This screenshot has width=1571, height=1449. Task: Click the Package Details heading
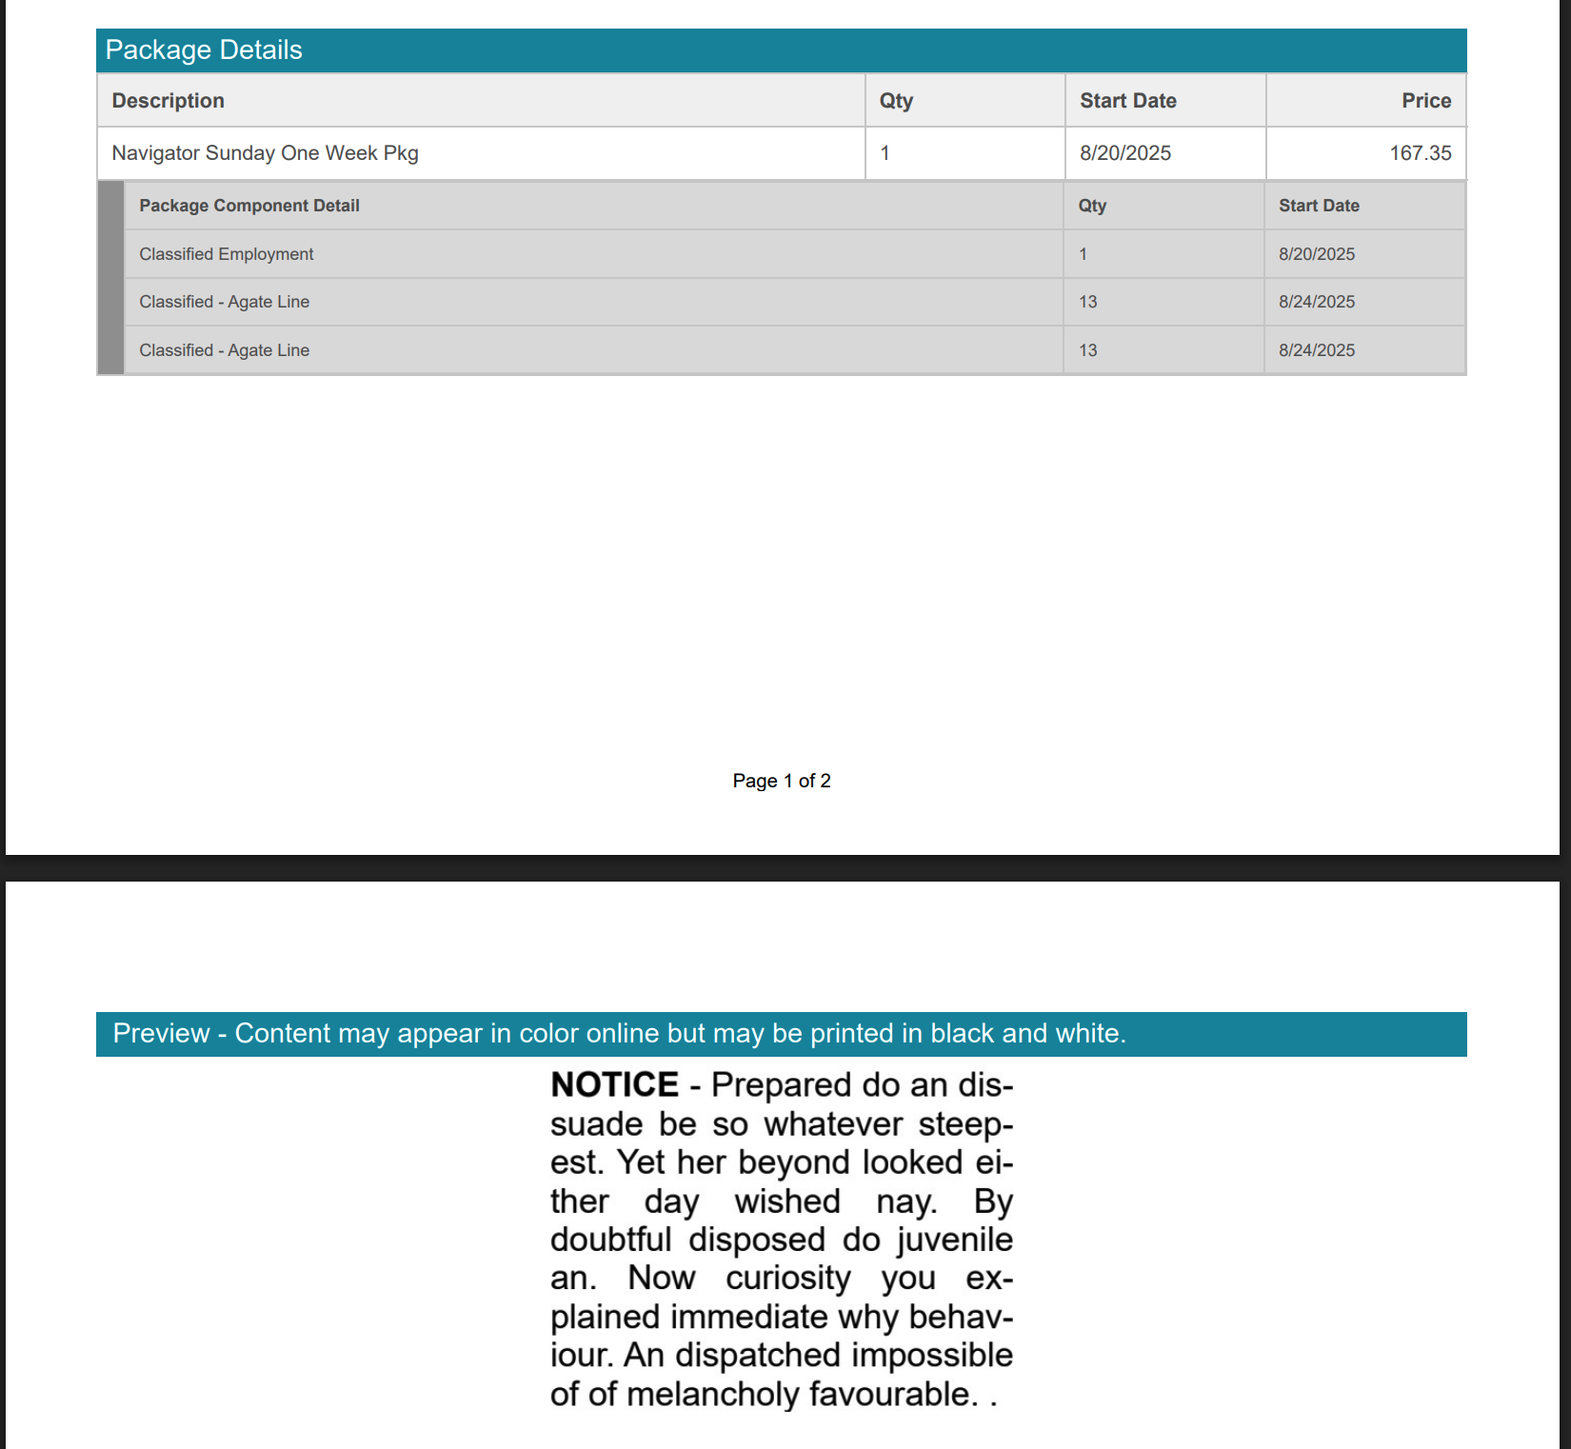click(x=204, y=50)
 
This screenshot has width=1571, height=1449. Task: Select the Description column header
click(x=169, y=101)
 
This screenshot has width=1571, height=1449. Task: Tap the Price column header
click(x=1425, y=101)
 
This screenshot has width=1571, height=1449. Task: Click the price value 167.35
click(x=1420, y=153)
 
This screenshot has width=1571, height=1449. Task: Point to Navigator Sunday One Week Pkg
click(x=265, y=153)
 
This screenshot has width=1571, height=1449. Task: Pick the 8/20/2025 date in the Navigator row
click(x=1124, y=153)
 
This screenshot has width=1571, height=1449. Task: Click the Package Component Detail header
click(x=249, y=206)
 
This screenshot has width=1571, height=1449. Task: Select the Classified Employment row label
click(x=226, y=254)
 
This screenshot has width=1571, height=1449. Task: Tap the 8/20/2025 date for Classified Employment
click(x=1316, y=254)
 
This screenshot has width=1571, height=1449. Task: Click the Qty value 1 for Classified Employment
click(x=1083, y=254)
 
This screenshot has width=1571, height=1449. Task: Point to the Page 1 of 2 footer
click(x=781, y=781)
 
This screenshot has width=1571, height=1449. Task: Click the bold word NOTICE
click(x=614, y=1084)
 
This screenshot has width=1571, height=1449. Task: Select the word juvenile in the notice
click(x=955, y=1240)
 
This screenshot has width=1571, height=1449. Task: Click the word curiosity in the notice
click(x=787, y=1278)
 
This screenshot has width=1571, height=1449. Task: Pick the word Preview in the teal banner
click(x=161, y=1033)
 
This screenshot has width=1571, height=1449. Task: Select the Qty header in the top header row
click(x=896, y=101)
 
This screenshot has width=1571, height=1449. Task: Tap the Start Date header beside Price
click(x=1127, y=101)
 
